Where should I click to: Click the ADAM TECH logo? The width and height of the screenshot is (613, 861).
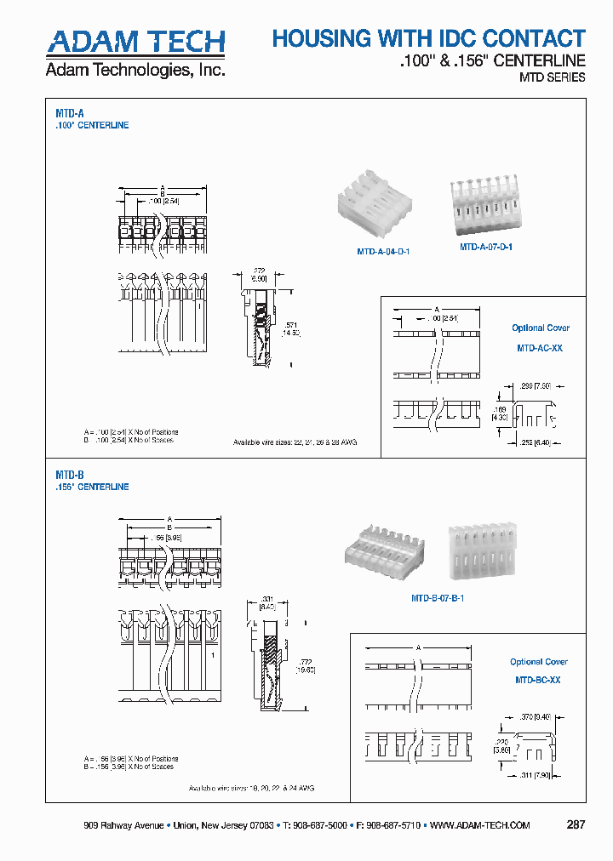click(135, 42)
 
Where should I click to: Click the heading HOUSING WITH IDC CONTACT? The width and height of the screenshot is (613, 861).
click(428, 38)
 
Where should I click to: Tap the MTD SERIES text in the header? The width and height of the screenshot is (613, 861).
click(552, 77)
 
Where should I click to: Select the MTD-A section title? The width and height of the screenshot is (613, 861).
click(69, 112)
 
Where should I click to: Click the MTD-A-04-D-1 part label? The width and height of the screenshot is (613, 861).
click(382, 252)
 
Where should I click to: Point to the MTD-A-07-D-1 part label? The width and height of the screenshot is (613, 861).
click(485, 247)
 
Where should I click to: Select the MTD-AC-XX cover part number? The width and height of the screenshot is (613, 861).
click(540, 348)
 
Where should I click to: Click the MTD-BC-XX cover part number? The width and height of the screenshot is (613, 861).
click(538, 680)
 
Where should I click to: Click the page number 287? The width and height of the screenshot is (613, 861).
click(576, 825)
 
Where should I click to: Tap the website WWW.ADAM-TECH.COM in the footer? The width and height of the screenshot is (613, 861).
click(480, 825)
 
